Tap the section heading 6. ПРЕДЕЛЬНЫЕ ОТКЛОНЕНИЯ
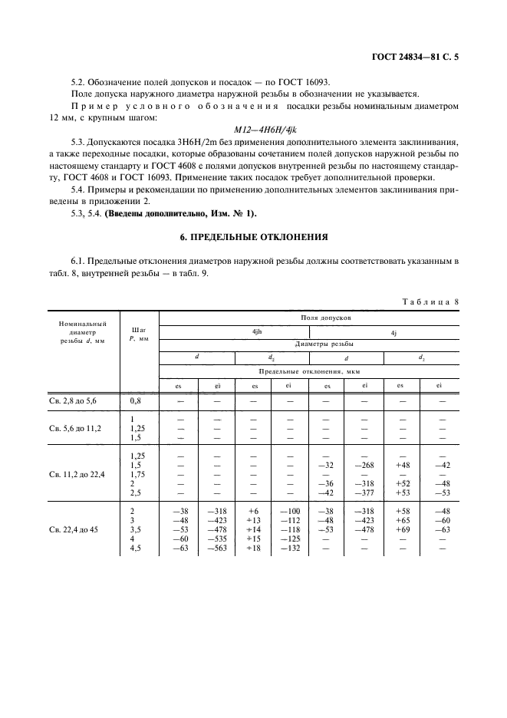(253, 236)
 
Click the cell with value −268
(365, 465)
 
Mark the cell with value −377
(365, 493)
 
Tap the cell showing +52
(402, 484)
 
